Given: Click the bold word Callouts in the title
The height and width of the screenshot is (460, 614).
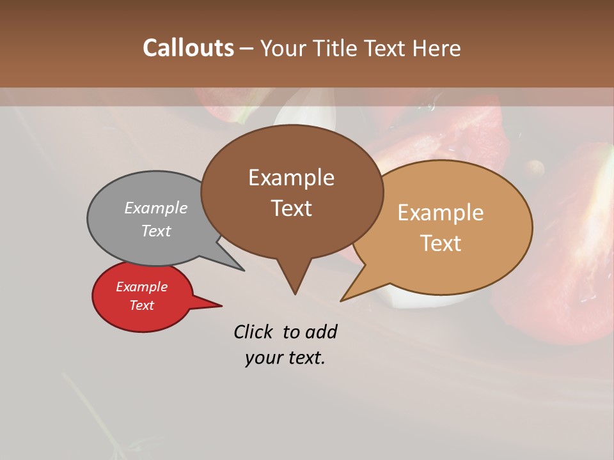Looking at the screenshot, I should pos(188,48).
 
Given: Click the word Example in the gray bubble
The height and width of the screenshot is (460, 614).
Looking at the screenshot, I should pos(156,208).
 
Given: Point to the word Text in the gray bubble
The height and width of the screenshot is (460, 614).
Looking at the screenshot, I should pos(156,231).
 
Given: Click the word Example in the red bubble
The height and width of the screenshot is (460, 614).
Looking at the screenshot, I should pos(141,287).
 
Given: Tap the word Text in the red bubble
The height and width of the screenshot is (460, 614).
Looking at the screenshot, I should pos(141,305).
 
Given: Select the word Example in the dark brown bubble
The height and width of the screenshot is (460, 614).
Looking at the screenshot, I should pos(291,177).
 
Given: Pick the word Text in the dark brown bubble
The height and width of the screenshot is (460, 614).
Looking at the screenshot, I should pos(291,208).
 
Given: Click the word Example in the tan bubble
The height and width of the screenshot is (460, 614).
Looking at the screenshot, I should pos(441,213).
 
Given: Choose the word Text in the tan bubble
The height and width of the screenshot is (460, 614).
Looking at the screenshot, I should pos(441,243).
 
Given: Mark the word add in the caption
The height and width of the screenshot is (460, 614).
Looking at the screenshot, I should pos(321,332).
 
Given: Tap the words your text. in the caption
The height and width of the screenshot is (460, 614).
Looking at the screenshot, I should pos(285,358).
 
